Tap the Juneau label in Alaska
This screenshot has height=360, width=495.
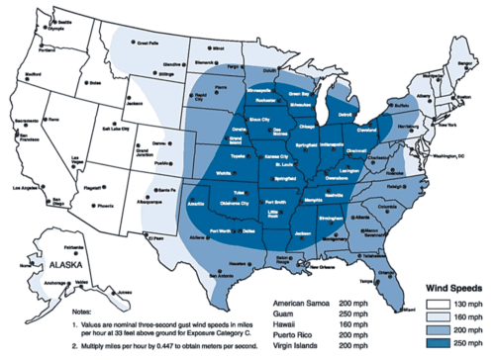(126, 293)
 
